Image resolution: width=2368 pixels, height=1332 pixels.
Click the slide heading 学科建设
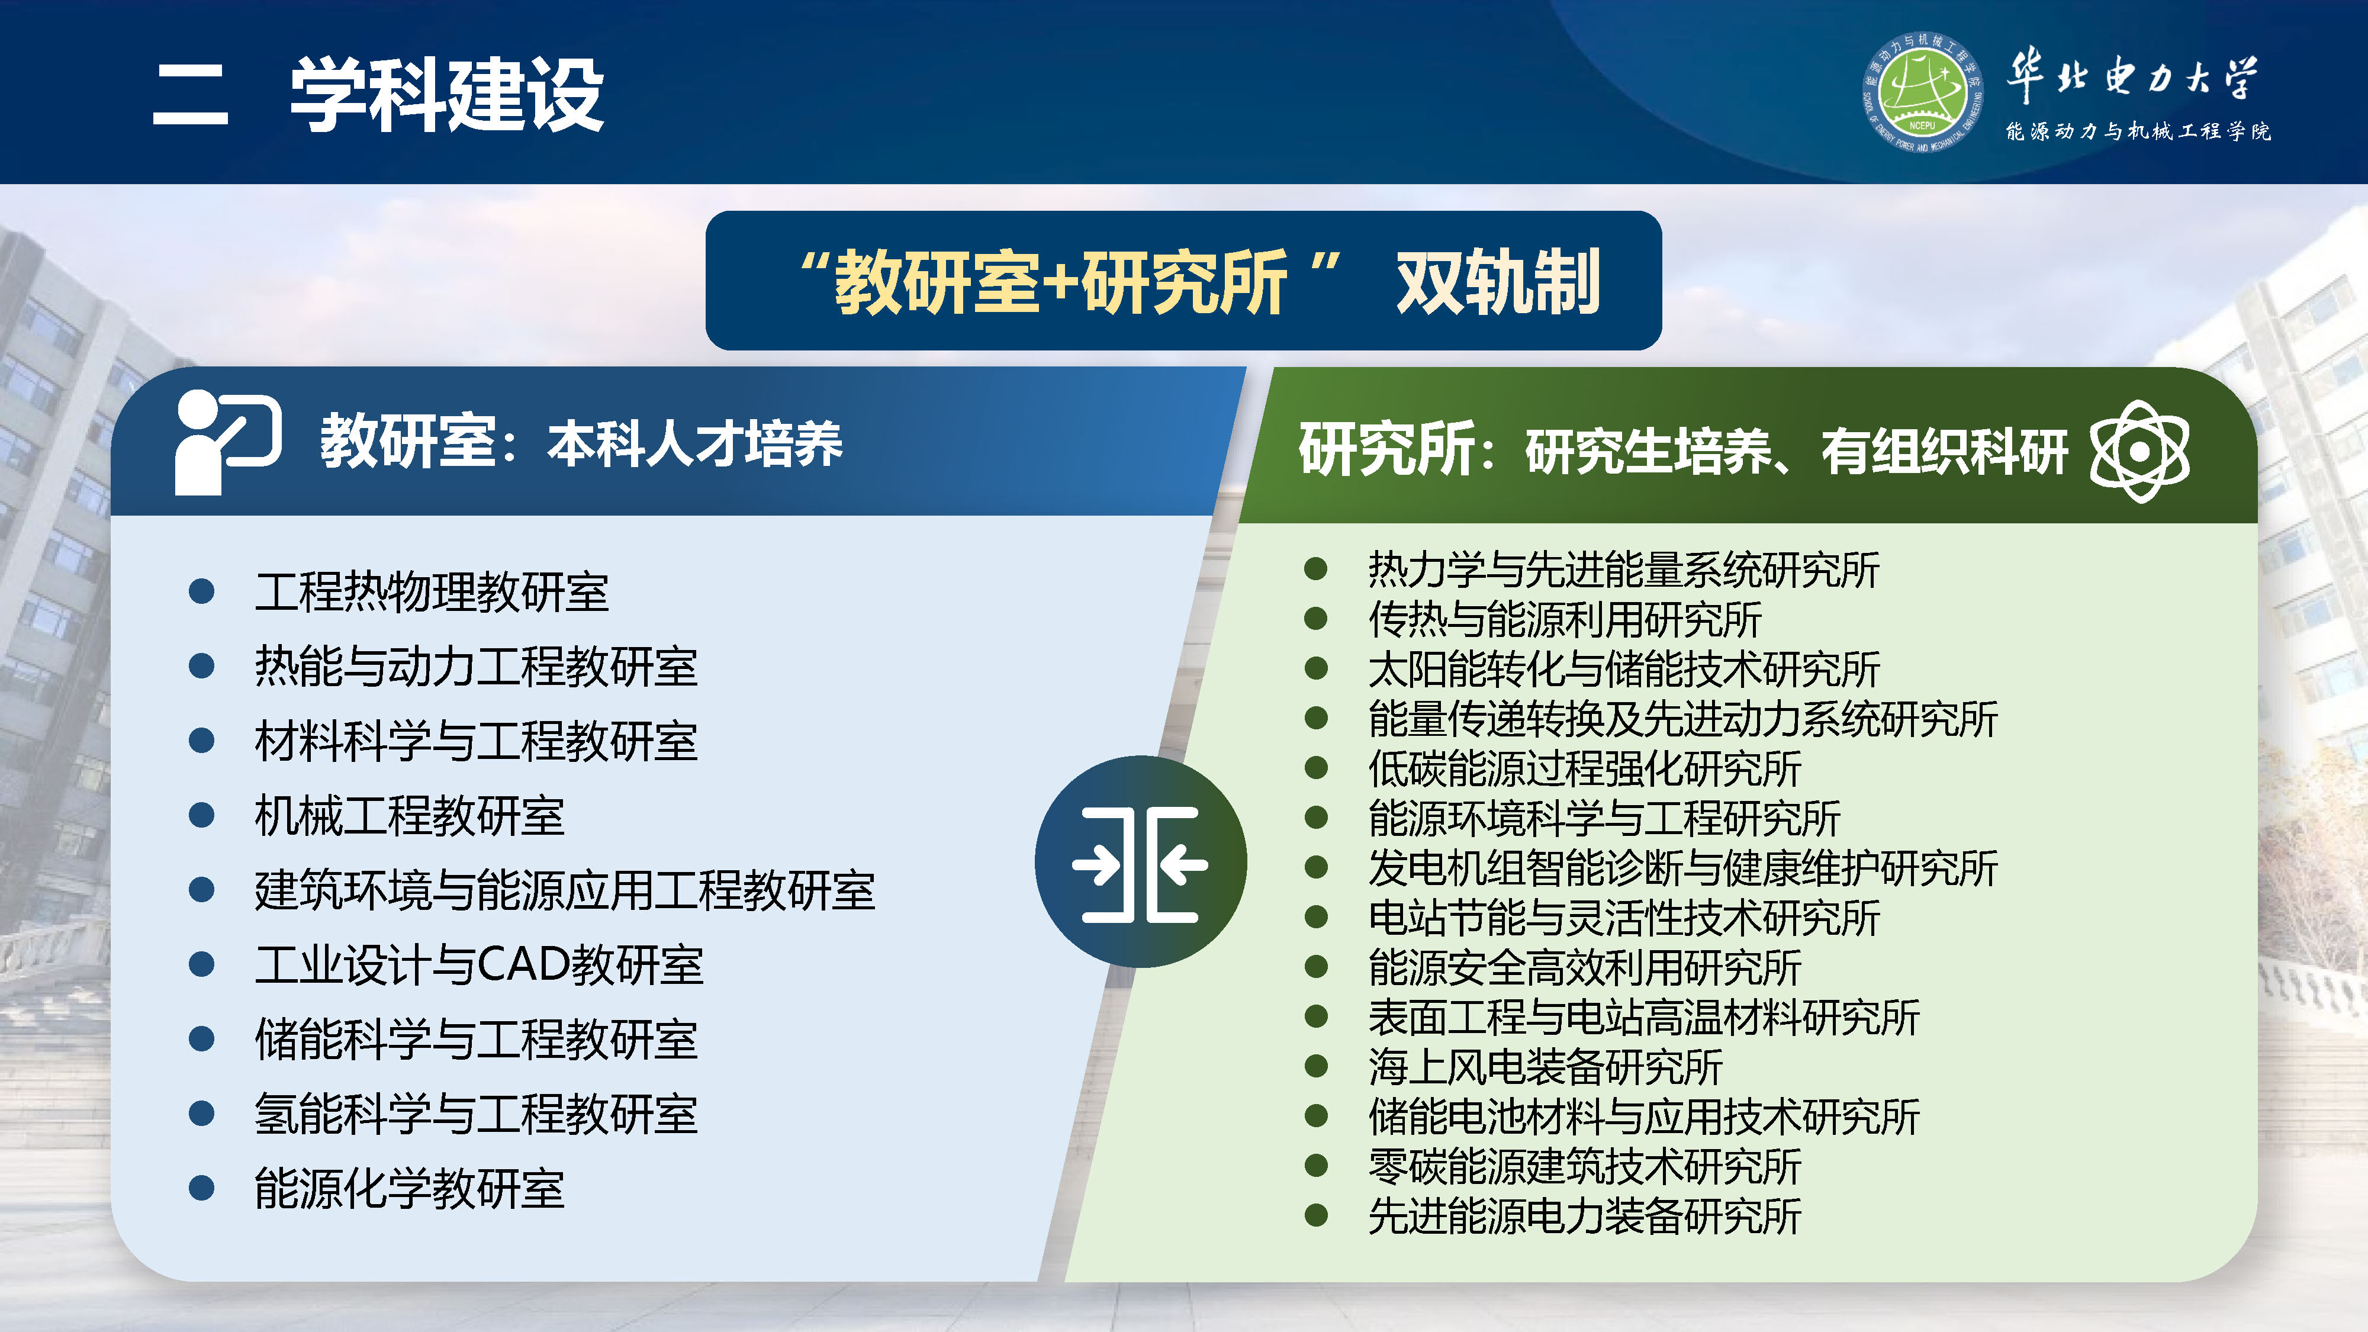pos(447,95)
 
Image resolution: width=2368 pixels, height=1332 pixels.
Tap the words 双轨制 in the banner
pos(1498,282)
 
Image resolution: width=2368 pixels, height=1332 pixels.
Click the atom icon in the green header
pos(2139,451)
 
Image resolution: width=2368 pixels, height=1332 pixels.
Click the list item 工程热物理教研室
pos(431,592)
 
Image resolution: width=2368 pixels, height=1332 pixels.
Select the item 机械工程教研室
pos(409,815)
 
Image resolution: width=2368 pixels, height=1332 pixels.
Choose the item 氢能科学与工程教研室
pos(475,1114)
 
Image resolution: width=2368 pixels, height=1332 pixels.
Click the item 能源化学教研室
pos(409,1189)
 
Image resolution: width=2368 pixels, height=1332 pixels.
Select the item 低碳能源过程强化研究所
pos(1584,768)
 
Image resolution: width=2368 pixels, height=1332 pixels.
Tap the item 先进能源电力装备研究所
pos(1584,1216)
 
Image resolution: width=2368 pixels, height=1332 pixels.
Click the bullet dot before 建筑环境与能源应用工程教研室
pos(201,890)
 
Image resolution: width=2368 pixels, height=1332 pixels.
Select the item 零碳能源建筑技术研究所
pos(1584,1166)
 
